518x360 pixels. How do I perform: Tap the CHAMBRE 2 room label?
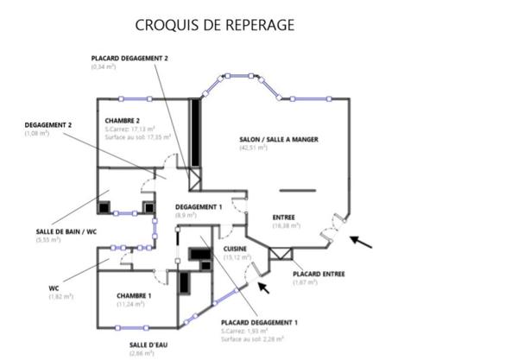(123, 120)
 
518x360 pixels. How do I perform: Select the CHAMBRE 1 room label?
(135, 295)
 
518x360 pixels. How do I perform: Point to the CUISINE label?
(236, 249)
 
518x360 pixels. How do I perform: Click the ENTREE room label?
(284, 217)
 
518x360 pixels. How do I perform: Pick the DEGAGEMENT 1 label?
(199, 207)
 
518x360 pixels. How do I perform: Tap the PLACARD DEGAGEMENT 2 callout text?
(129, 57)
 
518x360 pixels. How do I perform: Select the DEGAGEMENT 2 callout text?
(47, 125)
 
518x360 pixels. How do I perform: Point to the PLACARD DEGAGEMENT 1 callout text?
(259, 322)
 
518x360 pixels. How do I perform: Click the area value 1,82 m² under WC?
(60, 297)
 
